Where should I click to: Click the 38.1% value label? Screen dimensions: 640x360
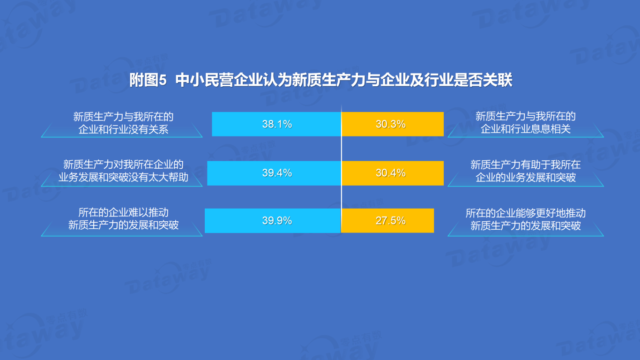pos(277,124)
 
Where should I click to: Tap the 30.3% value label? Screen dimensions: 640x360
pos(391,124)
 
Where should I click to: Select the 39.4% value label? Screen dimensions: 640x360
pos(277,172)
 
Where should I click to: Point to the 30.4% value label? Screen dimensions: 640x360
pos(391,172)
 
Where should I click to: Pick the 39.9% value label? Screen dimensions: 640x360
pos(277,220)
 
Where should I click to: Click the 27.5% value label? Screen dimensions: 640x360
pos(391,220)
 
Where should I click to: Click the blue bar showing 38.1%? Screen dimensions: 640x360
pos(276,124)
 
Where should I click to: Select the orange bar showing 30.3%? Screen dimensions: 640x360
pos(393,124)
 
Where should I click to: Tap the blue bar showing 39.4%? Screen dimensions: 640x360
pos(274,173)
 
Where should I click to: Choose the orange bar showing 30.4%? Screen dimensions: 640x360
pos(393,173)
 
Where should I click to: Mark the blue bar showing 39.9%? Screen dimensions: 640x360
pos(273,221)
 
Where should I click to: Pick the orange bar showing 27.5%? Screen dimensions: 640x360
pos(388,221)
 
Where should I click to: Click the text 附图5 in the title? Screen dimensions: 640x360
pos(148,80)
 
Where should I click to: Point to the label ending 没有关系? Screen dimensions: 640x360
pos(123,123)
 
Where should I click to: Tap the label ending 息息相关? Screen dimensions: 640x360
pos(525,123)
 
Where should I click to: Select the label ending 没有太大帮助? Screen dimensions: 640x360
pos(123,171)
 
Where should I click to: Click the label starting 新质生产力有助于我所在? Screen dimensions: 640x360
pos(525,171)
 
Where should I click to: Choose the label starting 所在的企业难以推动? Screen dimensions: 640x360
pos(123,219)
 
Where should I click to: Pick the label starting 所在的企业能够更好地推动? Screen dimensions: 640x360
pos(525,219)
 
